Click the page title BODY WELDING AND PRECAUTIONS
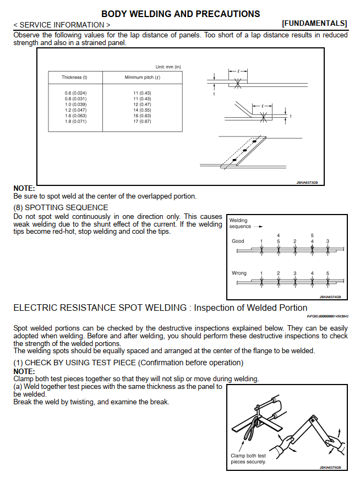(x=181, y=14)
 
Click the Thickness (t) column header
(x=74, y=78)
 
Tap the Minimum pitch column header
(x=142, y=78)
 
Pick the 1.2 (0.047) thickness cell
(x=75, y=110)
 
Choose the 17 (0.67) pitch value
(x=142, y=121)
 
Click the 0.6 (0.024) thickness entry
(x=75, y=93)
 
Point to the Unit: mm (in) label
(x=168, y=67)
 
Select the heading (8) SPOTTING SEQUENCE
(x=61, y=207)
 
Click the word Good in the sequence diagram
(x=238, y=241)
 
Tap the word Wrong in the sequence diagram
(x=239, y=273)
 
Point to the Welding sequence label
(x=241, y=223)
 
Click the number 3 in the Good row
(x=328, y=241)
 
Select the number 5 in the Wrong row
(x=328, y=273)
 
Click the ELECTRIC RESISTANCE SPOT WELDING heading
(x=160, y=308)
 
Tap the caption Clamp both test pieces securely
(x=248, y=459)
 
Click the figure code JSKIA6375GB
(x=330, y=467)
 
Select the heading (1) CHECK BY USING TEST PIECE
(x=128, y=363)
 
